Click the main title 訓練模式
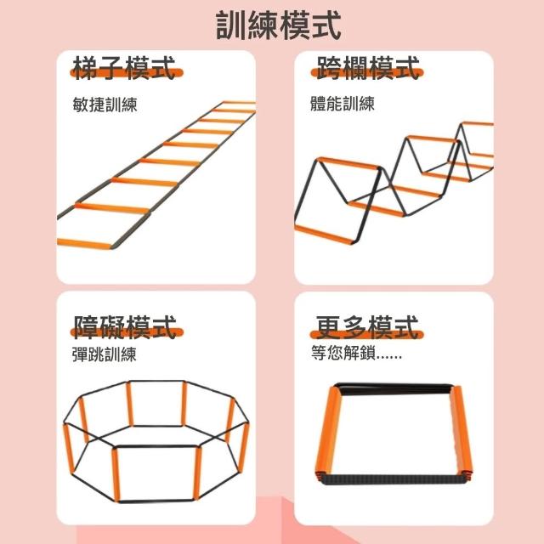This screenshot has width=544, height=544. coord(278,25)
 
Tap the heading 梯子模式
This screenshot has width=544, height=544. coord(124,68)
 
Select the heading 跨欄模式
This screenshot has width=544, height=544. coord(368,68)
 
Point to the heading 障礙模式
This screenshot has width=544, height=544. coord(125,326)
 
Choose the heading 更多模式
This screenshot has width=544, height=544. coord(366,326)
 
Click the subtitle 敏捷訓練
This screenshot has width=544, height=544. coord(105,104)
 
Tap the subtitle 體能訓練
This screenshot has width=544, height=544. coord(343,104)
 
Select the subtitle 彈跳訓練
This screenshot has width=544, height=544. coord(104,354)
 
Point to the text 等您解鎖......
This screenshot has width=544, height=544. coord(343,353)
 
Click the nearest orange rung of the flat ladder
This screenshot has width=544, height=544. coord(84,244)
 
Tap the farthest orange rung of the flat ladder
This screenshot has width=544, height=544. coord(240,102)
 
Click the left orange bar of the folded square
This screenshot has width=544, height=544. coord(328,433)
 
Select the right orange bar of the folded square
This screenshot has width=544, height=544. coord(461,432)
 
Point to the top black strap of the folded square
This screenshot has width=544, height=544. coord(394,388)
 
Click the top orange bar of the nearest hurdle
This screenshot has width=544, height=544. coord(348,163)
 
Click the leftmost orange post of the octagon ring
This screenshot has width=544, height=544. coord(69,449)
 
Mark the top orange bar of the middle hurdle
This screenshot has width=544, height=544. coord(433,139)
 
